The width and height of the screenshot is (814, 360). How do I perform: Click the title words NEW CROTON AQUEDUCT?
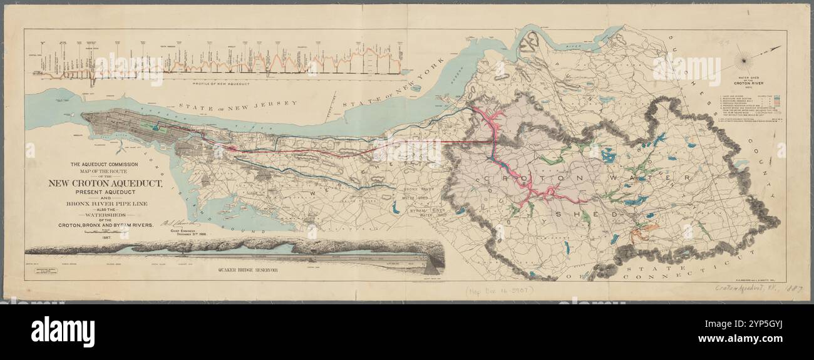(106, 183)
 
